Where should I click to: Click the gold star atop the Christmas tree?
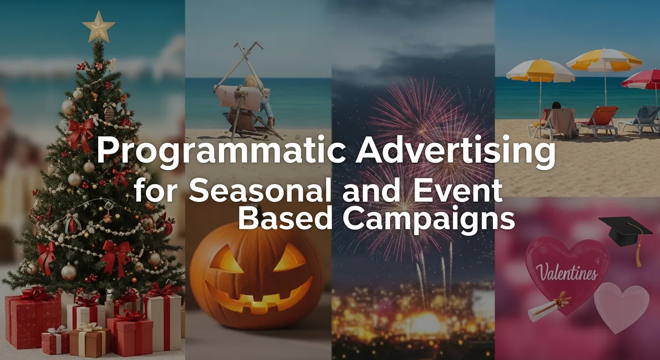[98, 26]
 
